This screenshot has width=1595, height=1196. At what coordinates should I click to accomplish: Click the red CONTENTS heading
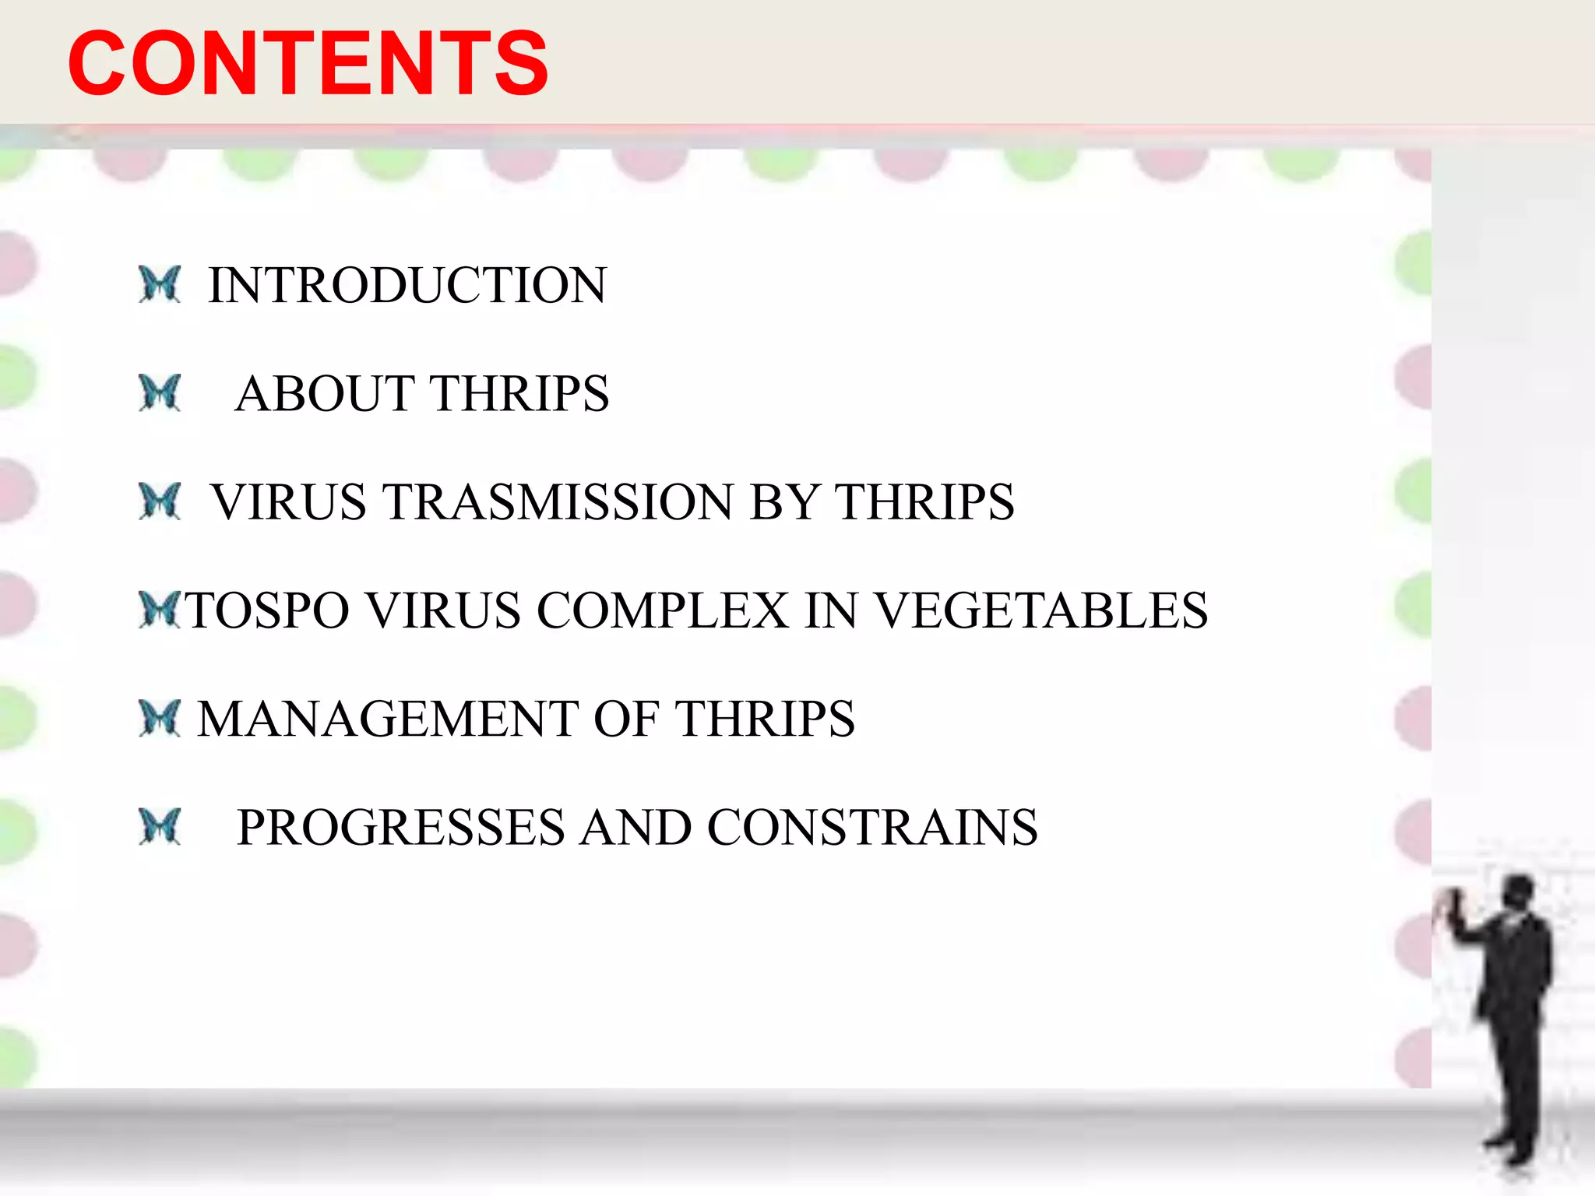[x=308, y=64]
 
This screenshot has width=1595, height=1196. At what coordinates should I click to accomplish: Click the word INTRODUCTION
[x=407, y=285]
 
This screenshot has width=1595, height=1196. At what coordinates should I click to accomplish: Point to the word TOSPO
[x=267, y=610]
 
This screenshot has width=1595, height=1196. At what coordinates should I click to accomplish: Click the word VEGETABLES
[x=1042, y=610]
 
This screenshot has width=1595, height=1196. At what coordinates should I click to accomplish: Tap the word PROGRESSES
[x=400, y=827]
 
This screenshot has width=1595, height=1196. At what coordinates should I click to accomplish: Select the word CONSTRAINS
[x=872, y=827]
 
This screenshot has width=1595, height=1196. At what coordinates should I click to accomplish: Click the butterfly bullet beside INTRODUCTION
[x=160, y=284]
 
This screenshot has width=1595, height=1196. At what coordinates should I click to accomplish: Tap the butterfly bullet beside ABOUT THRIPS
[x=160, y=392]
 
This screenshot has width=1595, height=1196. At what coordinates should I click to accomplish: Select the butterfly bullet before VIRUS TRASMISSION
[x=160, y=501]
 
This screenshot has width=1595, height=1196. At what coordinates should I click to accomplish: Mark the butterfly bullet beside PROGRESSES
[x=160, y=826]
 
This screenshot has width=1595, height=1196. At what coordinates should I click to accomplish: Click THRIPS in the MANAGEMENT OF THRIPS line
[x=765, y=718]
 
